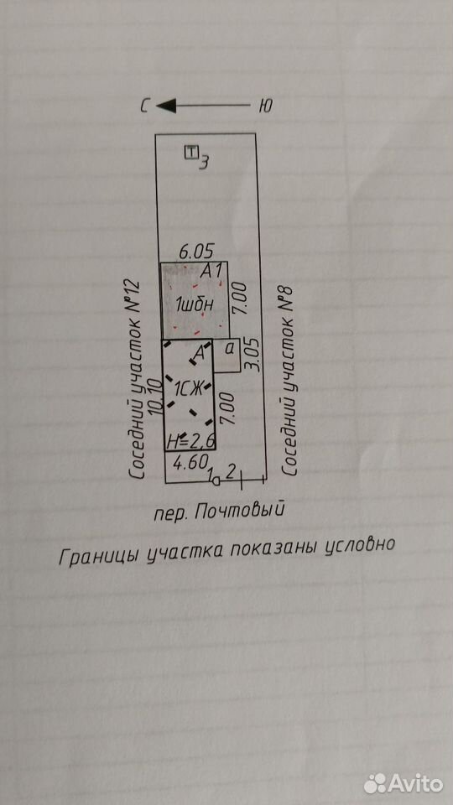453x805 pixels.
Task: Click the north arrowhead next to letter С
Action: [x=165, y=106]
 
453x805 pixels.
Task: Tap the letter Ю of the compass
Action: [x=264, y=106]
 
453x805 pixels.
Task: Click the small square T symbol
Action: [x=191, y=152]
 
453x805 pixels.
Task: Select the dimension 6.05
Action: [x=195, y=252]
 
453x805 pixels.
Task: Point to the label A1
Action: [x=211, y=270]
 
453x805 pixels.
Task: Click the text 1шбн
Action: [x=194, y=305]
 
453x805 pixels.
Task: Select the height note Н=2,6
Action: [x=190, y=440]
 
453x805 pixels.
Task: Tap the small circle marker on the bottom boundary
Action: [x=216, y=481]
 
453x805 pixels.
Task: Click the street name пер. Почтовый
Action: [x=219, y=512]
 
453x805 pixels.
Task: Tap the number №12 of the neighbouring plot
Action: [x=135, y=299]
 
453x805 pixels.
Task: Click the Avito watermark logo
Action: [x=404, y=783]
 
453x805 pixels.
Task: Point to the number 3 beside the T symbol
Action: [x=204, y=163]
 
